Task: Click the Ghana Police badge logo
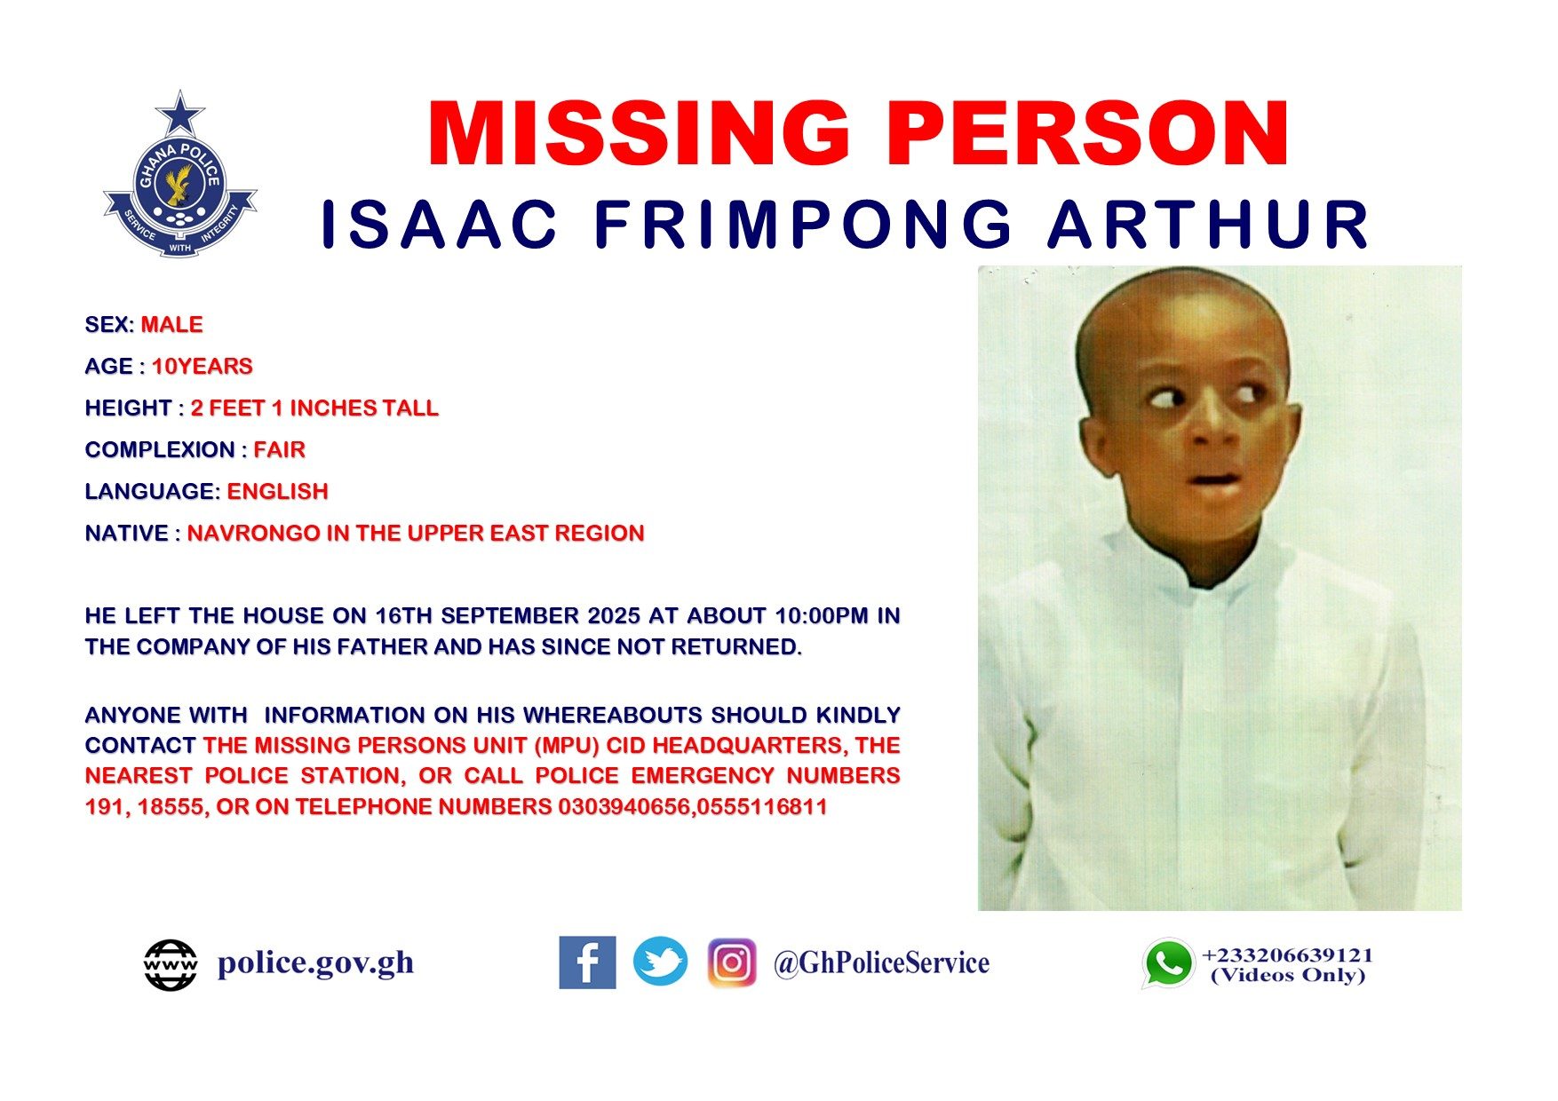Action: (x=180, y=175)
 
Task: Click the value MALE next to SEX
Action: (x=172, y=325)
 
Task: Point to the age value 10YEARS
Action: (x=203, y=367)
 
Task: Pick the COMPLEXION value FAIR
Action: (x=280, y=450)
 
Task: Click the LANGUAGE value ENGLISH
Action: (x=278, y=492)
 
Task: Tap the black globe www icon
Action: (x=171, y=965)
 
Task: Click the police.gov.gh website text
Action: (x=315, y=963)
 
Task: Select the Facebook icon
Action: (x=587, y=962)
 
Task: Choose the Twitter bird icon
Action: (x=660, y=962)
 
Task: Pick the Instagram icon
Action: (x=732, y=962)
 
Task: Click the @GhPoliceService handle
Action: (x=881, y=963)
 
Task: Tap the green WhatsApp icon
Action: (x=1168, y=963)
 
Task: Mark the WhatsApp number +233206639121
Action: (x=1287, y=955)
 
